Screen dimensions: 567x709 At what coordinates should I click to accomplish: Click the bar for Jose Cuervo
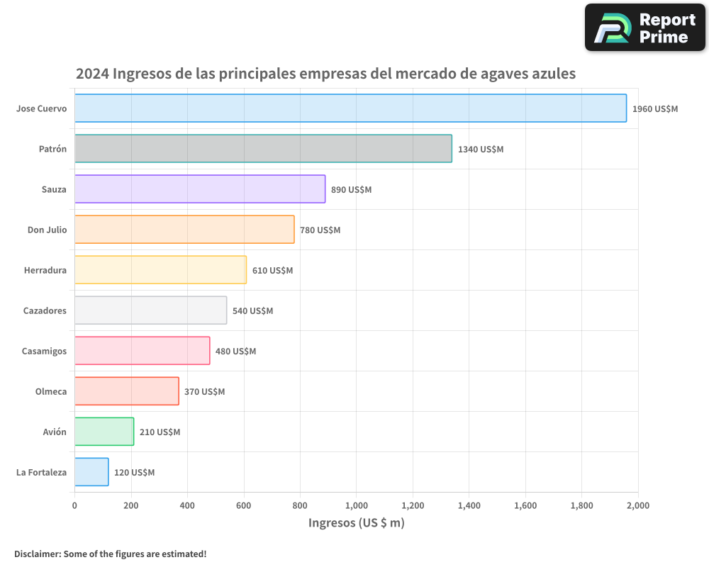click(x=350, y=108)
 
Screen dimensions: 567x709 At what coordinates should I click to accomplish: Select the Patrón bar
click(x=263, y=149)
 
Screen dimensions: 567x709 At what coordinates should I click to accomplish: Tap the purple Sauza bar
click(x=200, y=189)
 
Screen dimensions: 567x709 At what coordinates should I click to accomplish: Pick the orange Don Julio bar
click(x=184, y=230)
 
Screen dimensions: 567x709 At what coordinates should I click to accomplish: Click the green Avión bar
click(x=104, y=432)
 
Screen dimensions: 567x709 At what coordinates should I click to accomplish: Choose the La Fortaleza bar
click(x=91, y=472)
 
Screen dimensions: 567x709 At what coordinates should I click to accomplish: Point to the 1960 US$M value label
click(x=654, y=109)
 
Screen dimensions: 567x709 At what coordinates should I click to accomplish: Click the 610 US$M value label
click(x=272, y=271)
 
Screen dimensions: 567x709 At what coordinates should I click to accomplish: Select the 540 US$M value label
click(x=252, y=311)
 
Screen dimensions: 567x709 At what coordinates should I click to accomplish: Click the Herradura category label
click(x=45, y=271)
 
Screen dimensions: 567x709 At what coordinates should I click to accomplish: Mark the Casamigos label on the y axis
click(x=44, y=352)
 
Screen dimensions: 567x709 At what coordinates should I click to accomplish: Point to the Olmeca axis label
click(x=51, y=392)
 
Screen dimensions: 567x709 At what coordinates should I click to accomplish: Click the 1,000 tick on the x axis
click(x=356, y=505)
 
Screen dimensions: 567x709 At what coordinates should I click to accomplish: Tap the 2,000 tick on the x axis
click(x=637, y=505)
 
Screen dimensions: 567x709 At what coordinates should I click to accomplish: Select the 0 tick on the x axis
click(x=74, y=505)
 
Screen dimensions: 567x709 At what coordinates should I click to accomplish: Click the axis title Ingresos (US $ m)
click(x=356, y=523)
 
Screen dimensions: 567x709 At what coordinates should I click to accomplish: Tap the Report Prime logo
click(x=644, y=28)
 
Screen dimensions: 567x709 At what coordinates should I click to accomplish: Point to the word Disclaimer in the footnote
click(x=37, y=554)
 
